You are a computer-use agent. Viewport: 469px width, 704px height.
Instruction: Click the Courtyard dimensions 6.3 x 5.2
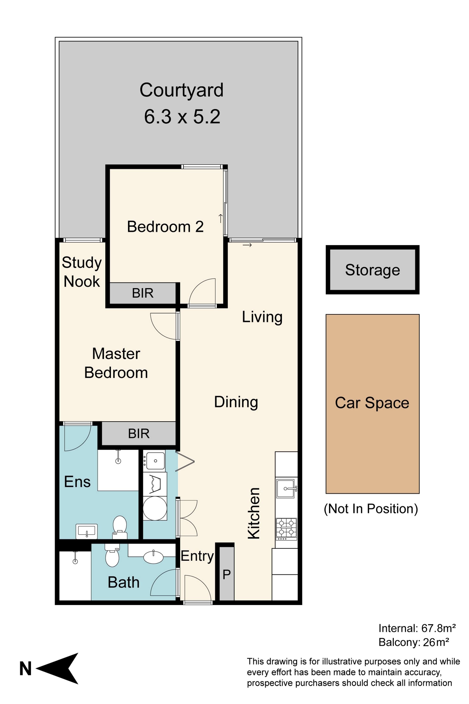coord(182,116)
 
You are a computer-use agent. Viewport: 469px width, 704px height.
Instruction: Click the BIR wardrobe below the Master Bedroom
coord(139,433)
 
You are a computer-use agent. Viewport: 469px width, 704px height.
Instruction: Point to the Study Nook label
coord(82,272)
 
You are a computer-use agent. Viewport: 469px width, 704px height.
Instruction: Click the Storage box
coord(372,269)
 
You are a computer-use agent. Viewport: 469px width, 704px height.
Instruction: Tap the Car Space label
coord(372,403)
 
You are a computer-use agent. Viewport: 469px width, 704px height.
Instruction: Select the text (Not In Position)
coord(371,509)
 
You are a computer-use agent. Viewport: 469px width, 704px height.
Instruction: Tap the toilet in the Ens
coord(120,527)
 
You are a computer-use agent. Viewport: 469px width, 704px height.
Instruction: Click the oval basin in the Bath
coord(153,557)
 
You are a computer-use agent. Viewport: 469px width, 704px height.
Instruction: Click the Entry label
coord(197,556)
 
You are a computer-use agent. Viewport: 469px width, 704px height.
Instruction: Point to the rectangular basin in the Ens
coord(87,531)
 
